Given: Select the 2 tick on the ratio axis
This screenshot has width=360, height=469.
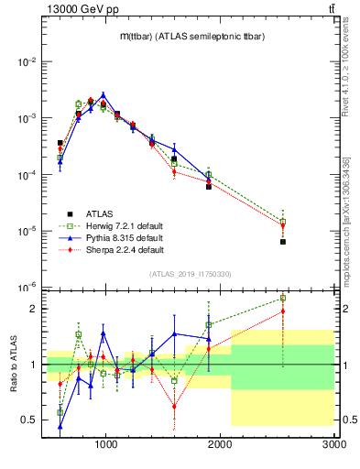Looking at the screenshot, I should pos(34,309).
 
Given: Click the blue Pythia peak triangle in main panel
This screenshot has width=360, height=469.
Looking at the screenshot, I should pos(104,94).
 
